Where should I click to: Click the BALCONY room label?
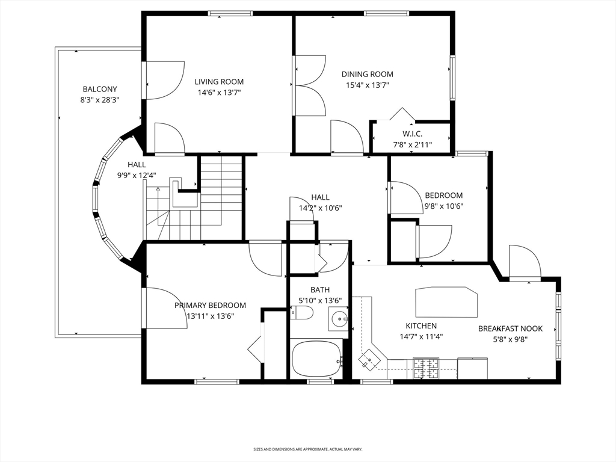(x=100, y=89)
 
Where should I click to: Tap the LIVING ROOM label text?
(x=219, y=82)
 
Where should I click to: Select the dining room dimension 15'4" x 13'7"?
(x=367, y=85)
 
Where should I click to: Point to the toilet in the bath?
(x=302, y=313)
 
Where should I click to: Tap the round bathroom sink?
(x=339, y=318)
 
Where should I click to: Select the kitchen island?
(x=446, y=301)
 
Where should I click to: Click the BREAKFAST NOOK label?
(x=510, y=328)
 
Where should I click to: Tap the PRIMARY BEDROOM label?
(x=210, y=305)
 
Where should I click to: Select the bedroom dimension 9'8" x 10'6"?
(x=444, y=206)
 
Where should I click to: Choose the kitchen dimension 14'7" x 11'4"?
(x=421, y=337)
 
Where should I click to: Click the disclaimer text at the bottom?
(x=307, y=449)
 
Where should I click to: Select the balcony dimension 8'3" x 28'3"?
(x=100, y=100)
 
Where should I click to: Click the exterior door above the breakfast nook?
(x=525, y=263)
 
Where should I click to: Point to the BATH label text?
(x=320, y=289)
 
